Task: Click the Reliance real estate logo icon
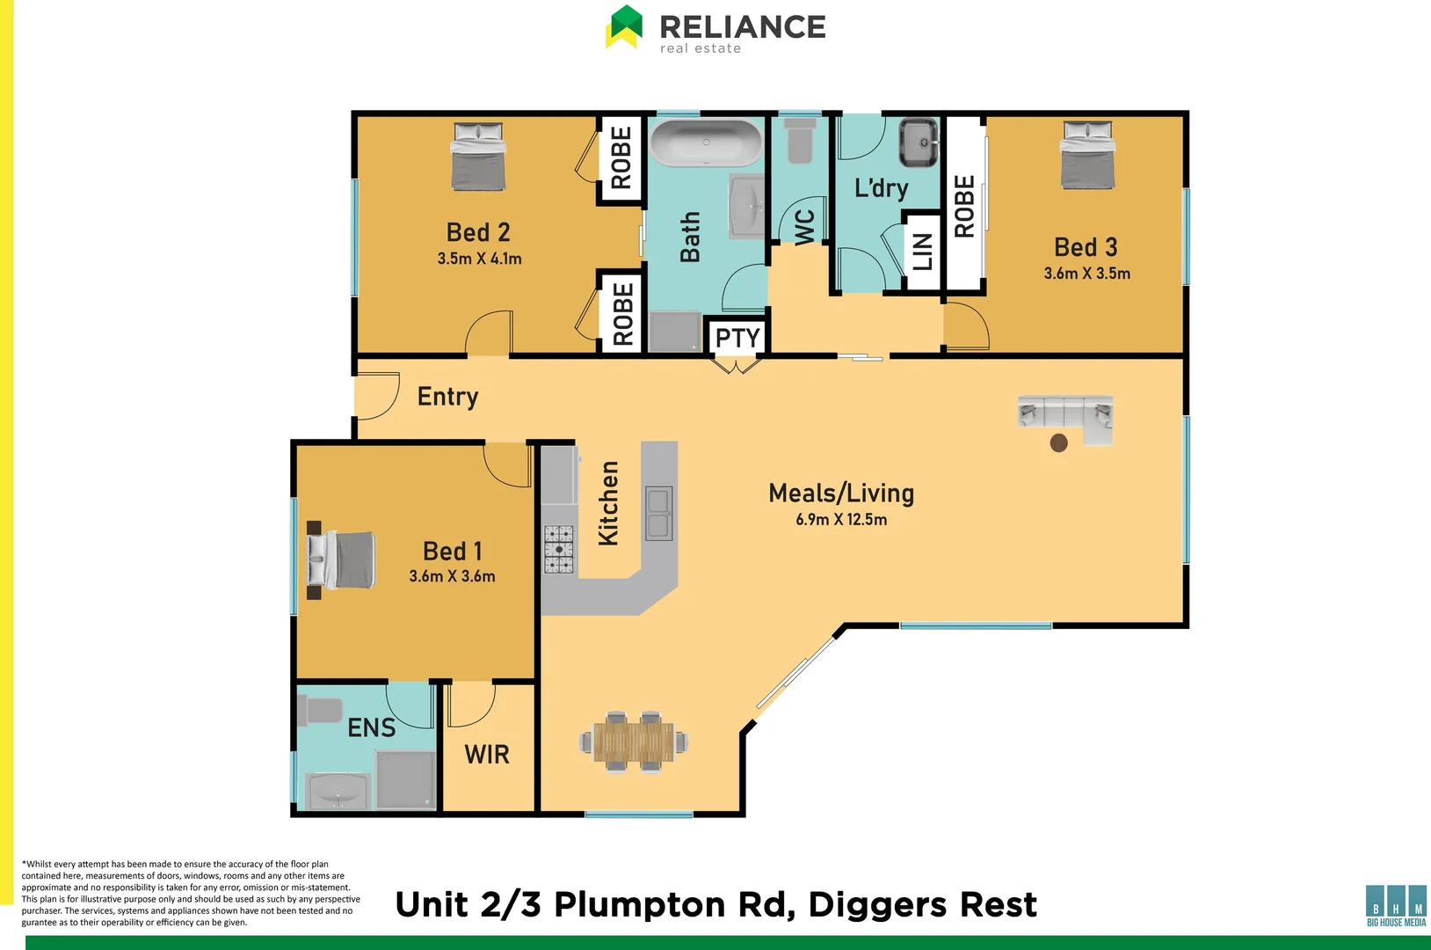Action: pyautogui.click(x=625, y=26)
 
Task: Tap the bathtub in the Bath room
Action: pyautogui.click(x=706, y=142)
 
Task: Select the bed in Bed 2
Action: pyautogui.click(x=478, y=157)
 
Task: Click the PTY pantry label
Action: pyautogui.click(x=737, y=338)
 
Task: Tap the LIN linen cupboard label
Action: pyautogui.click(x=922, y=252)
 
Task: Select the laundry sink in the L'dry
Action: pyautogui.click(x=919, y=142)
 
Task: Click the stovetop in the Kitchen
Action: pyautogui.click(x=559, y=550)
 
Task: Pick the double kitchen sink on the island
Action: pyautogui.click(x=659, y=514)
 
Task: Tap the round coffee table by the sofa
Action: pyautogui.click(x=1059, y=442)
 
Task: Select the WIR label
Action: pyautogui.click(x=487, y=755)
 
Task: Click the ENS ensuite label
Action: pyautogui.click(x=371, y=728)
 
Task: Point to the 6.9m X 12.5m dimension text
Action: pyautogui.click(x=841, y=520)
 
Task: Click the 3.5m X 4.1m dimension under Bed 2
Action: pyautogui.click(x=479, y=259)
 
